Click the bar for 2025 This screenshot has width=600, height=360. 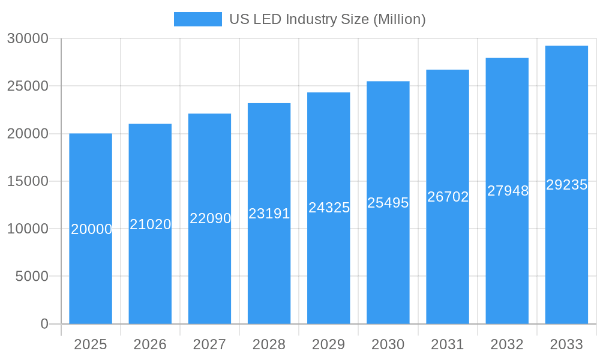[x=91, y=270]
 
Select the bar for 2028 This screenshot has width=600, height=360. [x=269, y=264]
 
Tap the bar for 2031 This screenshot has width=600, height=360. [x=448, y=252]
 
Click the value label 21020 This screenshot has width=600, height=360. [x=151, y=224]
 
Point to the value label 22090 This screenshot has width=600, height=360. [x=210, y=218]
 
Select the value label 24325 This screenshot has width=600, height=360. [x=329, y=208]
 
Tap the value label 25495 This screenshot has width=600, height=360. [x=388, y=203]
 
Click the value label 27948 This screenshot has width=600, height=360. [x=508, y=191]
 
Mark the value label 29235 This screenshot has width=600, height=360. [x=566, y=185]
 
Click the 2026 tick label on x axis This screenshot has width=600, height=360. [x=150, y=344]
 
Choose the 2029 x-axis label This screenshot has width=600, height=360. [x=329, y=344]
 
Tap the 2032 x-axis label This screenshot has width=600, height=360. [x=507, y=344]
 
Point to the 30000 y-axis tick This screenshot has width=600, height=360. [x=28, y=38]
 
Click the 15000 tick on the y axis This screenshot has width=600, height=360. [x=28, y=181]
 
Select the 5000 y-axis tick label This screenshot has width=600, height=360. [x=31, y=277]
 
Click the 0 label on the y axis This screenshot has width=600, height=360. [x=44, y=324]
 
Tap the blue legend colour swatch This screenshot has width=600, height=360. [x=197, y=19]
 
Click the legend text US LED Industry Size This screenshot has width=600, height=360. [x=328, y=19]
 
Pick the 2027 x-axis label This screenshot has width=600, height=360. [x=209, y=344]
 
